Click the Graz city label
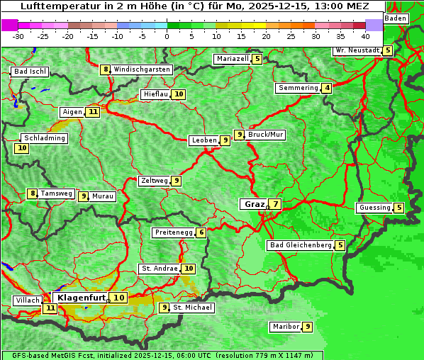[253, 204]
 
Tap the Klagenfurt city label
[82, 298]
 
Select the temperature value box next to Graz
[274, 204]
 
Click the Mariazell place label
[233, 59]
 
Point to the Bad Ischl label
[30, 72]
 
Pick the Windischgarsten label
[142, 69]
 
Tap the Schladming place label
[44, 138]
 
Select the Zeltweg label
[155, 181]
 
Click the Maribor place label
[285, 327]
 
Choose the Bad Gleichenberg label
[300, 245]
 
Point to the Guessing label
[374, 208]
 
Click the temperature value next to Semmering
[326, 88]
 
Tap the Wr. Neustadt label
[357, 50]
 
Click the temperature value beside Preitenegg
[201, 232]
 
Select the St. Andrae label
[160, 269]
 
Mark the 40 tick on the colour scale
[365, 35]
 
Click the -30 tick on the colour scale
[18, 35]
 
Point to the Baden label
[396, 18]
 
